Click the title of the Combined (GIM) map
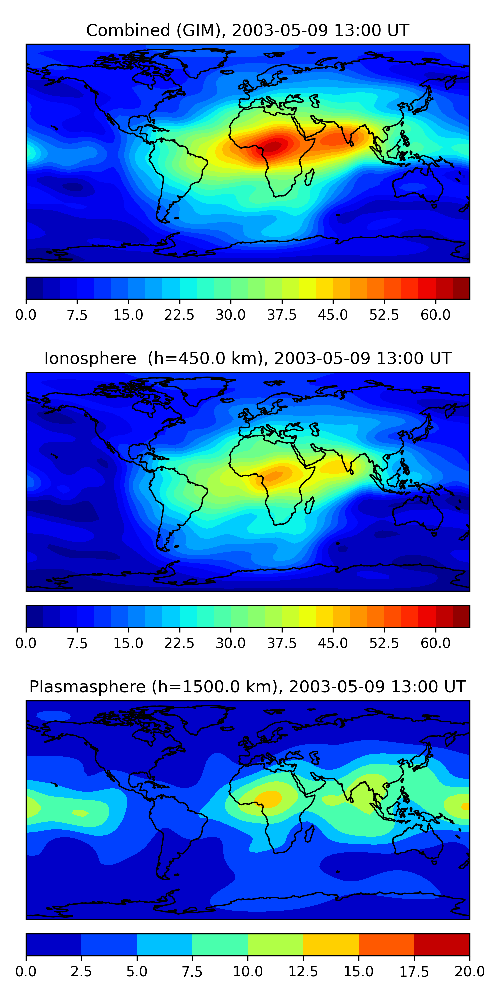click(x=248, y=30)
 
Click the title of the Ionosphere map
click(x=248, y=358)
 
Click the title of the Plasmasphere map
click(x=248, y=687)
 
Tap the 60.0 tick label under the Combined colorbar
click(x=436, y=315)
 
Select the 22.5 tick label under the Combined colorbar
click(x=179, y=315)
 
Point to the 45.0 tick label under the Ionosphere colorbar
click(x=333, y=643)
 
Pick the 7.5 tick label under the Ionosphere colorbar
click(x=77, y=643)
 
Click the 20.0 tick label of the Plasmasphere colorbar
click(x=470, y=972)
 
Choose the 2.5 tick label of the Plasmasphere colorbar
click(x=81, y=972)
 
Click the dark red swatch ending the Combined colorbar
click(x=461, y=288)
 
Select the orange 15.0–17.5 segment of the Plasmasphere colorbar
click(x=386, y=944)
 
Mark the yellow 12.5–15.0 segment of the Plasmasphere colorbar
click(x=331, y=944)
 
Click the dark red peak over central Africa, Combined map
click(x=274, y=146)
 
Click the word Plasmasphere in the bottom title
click(x=87, y=687)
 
